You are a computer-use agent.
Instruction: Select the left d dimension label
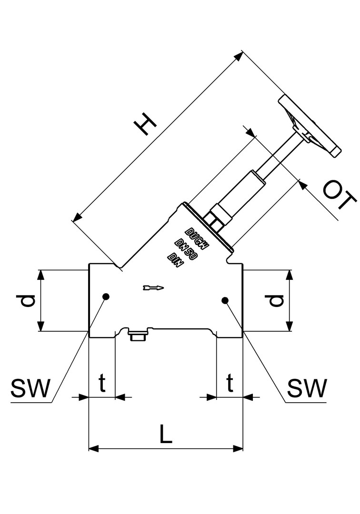click(26, 300)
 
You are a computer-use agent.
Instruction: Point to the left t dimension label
click(101, 383)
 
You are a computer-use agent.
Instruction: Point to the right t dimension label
click(230, 383)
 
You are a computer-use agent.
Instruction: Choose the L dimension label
click(165, 434)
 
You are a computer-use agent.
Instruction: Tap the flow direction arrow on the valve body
click(153, 287)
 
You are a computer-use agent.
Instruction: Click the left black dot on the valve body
click(106, 297)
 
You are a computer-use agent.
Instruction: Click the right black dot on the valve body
click(225, 300)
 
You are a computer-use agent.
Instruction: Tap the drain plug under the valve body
click(138, 336)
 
